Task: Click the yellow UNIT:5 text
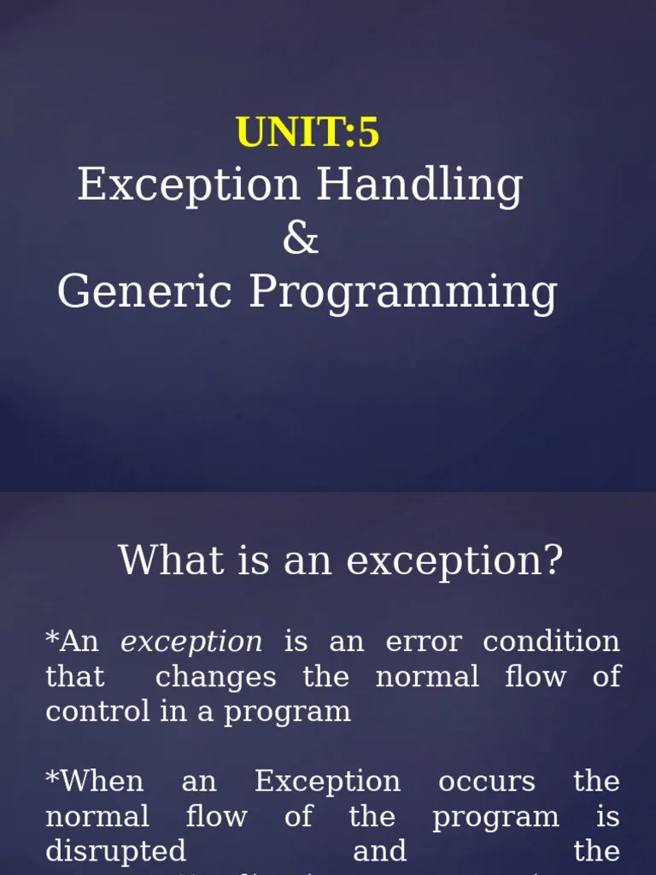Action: point(307,133)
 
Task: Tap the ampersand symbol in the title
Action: point(301,238)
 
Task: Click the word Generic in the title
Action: point(144,292)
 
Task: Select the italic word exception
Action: point(191,642)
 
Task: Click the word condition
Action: point(551,642)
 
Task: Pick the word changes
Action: point(216,677)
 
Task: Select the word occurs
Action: point(487,781)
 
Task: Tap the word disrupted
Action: point(115,851)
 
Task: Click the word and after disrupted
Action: point(379,851)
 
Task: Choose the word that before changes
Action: point(75,677)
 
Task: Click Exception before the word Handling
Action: point(189,185)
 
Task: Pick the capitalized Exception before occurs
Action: point(327,782)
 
